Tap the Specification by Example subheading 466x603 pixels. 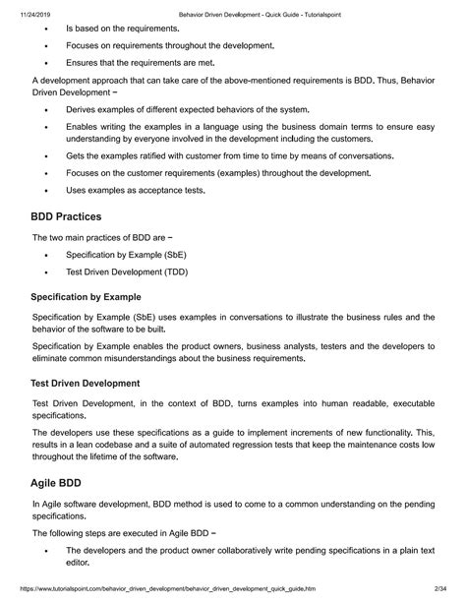[87, 296]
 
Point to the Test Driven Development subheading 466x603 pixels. [85, 383]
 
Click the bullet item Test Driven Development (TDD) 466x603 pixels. [126, 271]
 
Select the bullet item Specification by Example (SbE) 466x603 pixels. [127, 254]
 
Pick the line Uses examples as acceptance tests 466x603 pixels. [136, 189]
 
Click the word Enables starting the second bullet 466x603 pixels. [84, 127]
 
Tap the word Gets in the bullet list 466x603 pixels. [76, 156]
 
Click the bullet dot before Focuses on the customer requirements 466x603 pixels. [46, 173]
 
